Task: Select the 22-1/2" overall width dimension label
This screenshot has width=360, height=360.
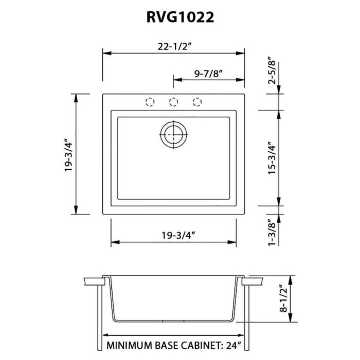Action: (x=173, y=46)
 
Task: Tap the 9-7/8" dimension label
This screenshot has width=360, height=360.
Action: (x=208, y=74)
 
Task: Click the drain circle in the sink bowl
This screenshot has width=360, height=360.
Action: (x=174, y=136)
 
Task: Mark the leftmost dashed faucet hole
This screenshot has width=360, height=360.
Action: (x=150, y=102)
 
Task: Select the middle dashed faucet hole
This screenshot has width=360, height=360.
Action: (x=174, y=102)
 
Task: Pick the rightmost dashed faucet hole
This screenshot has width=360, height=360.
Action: (x=197, y=102)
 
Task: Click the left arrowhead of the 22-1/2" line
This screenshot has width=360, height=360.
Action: (x=106, y=52)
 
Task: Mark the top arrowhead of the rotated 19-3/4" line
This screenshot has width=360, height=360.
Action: (x=77, y=97)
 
